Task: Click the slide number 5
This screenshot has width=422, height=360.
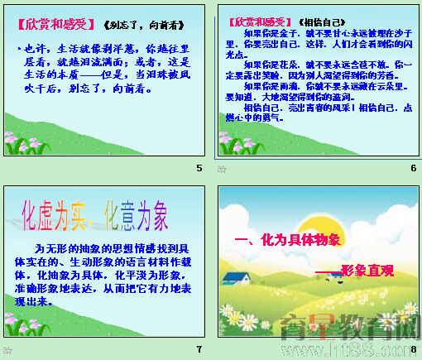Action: click(199, 169)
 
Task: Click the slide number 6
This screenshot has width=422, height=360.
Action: click(413, 169)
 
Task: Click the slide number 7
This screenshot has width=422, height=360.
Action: click(199, 349)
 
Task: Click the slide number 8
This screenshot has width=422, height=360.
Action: click(413, 349)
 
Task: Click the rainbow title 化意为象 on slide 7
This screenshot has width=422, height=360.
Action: click(135, 214)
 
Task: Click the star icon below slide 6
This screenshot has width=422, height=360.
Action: click(221, 169)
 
